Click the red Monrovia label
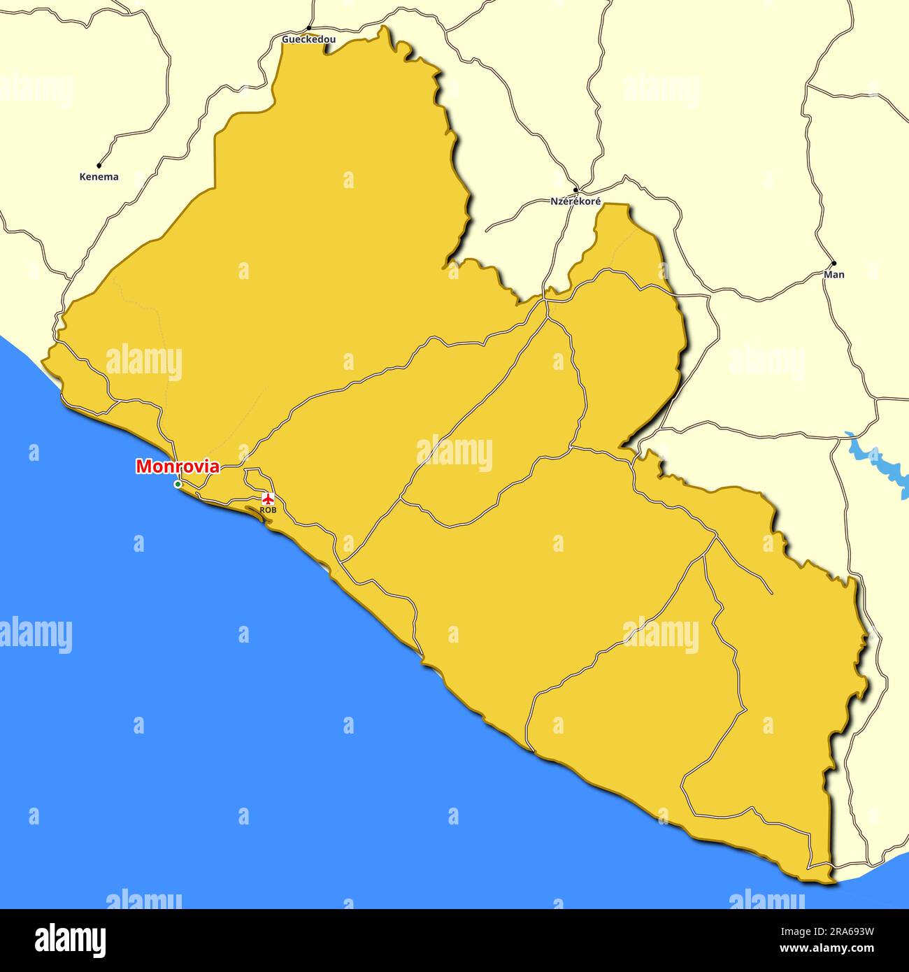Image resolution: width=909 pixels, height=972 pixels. tap(178, 466)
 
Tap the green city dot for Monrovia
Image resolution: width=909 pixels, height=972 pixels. tap(178, 484)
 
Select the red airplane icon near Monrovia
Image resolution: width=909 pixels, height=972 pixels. tap(267, 499)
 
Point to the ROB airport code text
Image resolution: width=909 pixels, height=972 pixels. tap(268, 510)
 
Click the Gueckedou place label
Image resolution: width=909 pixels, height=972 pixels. tap(308, 40)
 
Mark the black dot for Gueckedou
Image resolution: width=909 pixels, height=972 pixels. tap(308, 29)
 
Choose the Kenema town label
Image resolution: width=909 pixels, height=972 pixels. tap(99, 177)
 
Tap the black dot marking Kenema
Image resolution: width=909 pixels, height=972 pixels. tap(99, 166)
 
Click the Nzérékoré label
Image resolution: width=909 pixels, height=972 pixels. tap(575, 201)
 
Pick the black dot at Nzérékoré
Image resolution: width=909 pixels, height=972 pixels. tap(575, 190)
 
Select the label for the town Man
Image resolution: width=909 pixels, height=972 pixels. tap(834, 274)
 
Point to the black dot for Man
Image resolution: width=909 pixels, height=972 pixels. tap(833, 264)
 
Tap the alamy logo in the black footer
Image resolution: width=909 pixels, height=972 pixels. tap(71, 940)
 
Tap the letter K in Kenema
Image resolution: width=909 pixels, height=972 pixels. tap(83, 177)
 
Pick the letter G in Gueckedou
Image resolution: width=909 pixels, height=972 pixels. tap(285, 40)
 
